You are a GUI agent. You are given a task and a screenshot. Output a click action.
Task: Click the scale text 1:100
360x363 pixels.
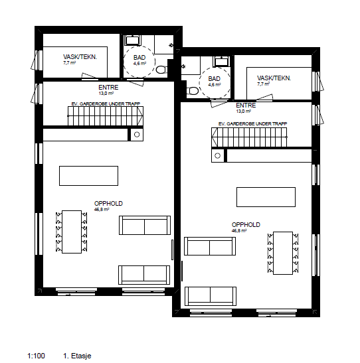36,356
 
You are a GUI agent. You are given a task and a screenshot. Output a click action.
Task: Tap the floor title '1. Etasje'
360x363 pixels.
77,356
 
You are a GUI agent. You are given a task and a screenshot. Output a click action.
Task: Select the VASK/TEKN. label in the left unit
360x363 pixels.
80,58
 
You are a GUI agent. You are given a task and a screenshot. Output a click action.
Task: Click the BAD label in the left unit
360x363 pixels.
139,58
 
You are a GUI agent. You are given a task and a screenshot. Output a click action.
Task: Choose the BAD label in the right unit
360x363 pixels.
214,78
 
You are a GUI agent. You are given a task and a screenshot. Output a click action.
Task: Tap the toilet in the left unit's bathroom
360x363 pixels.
160,69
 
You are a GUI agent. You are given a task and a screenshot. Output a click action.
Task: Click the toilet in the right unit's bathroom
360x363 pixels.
192,90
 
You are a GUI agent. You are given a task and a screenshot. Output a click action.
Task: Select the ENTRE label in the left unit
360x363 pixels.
108,88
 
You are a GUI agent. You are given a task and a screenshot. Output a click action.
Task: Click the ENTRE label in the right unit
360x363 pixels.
246,106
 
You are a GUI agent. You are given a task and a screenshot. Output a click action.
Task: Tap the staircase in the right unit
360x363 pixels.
248,138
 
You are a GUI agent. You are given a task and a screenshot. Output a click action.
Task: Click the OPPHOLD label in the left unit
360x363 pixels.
108,203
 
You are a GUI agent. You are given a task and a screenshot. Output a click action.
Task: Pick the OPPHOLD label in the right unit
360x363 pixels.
245,224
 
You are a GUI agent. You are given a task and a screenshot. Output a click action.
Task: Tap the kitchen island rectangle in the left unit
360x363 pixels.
89,176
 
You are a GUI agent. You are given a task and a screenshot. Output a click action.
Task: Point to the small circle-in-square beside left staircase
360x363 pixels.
136,135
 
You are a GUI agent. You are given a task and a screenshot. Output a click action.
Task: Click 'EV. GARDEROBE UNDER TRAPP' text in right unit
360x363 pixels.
252,124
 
